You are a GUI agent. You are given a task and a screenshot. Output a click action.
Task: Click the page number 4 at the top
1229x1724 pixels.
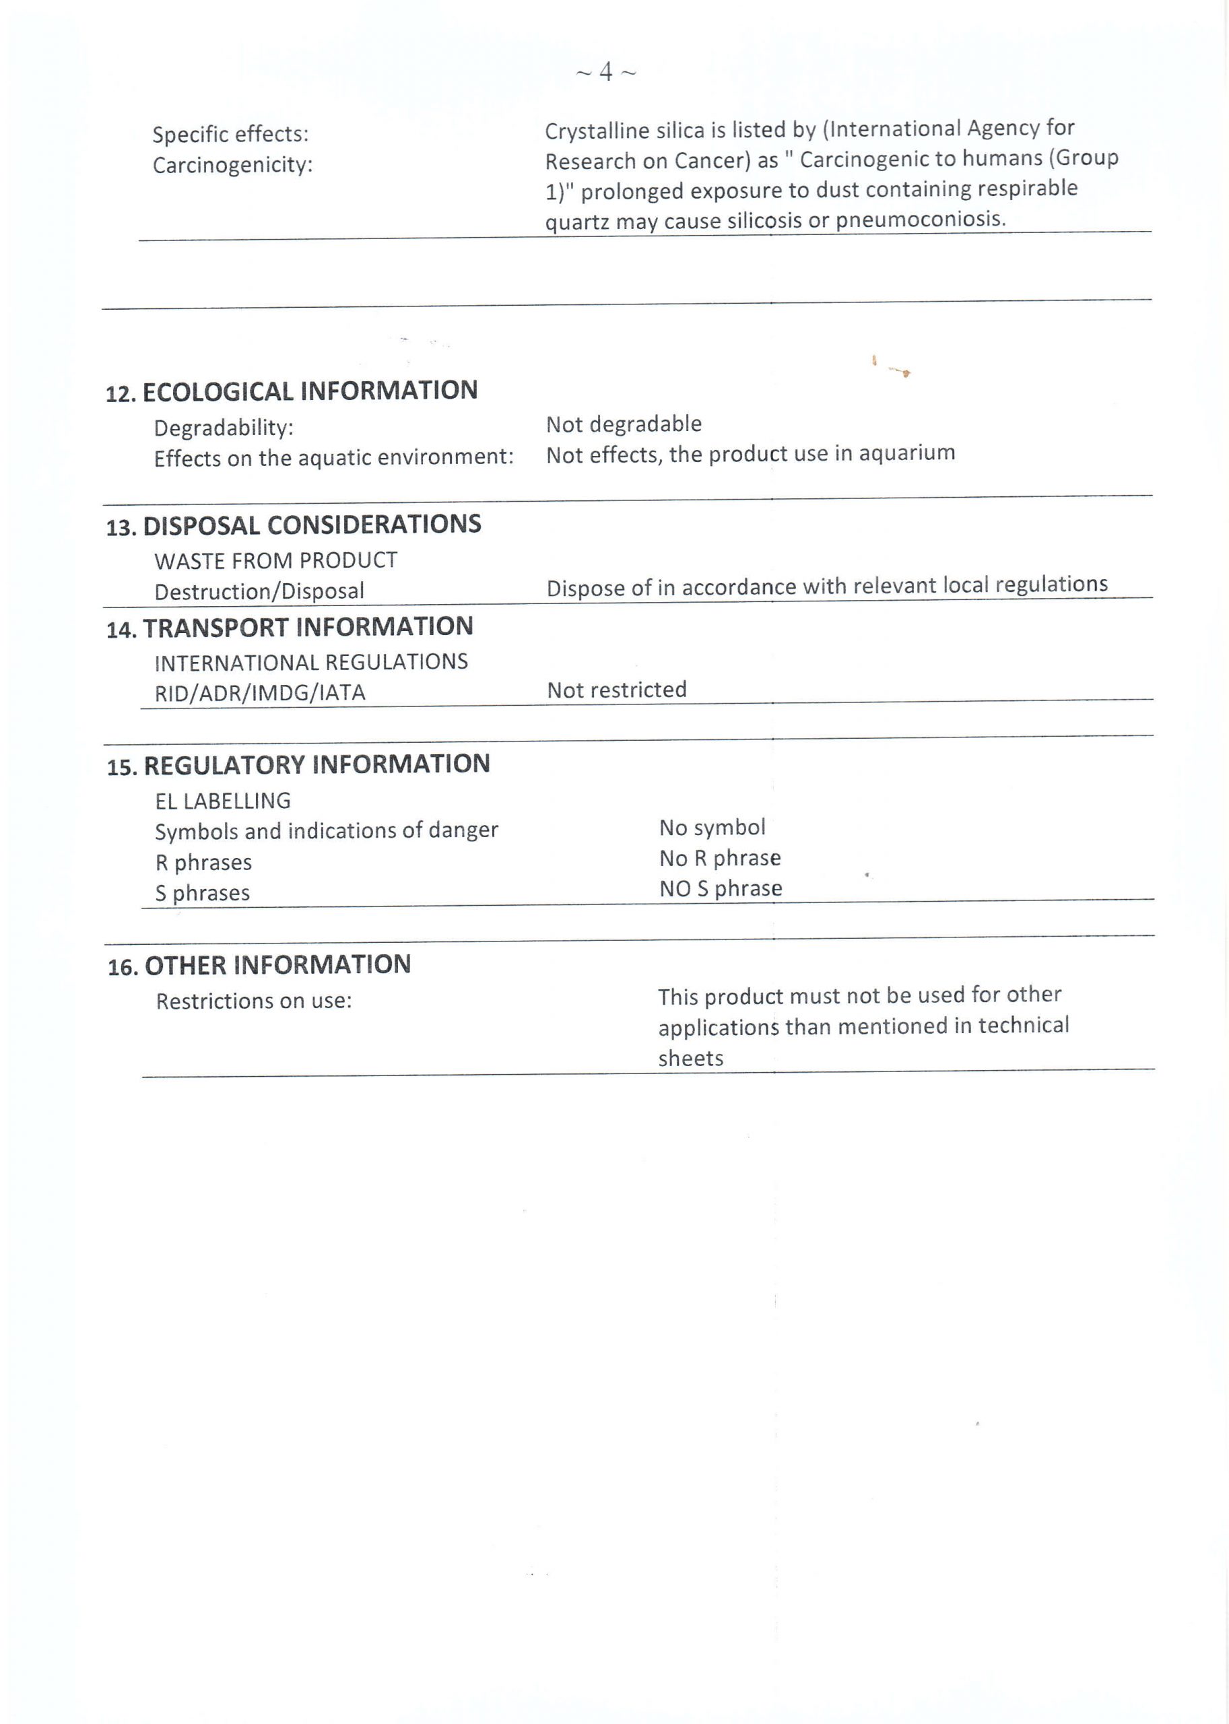click(x=605, y=72)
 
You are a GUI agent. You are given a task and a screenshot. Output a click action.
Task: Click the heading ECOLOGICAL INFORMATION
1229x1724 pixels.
click(x=310, y=391)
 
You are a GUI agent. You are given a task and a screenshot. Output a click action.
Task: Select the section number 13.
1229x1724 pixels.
click(x=121, y=527)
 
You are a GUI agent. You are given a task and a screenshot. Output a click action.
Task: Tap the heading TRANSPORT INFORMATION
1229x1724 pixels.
click(x=307, y=628)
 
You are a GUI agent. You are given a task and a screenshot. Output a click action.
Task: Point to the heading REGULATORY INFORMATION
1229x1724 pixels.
click(x=317, y=765)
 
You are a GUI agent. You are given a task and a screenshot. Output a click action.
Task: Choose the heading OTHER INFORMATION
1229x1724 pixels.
click(x=277, y=966)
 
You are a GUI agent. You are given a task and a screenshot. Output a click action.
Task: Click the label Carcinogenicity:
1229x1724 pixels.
click(x=232, y=165)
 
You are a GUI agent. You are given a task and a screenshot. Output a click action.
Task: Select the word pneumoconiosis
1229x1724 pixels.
click(x=921, y=220)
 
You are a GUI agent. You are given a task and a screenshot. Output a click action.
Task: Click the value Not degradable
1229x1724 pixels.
click(x=624, y=424)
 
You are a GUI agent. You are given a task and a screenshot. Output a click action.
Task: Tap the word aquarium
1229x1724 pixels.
click(x=906, y=453)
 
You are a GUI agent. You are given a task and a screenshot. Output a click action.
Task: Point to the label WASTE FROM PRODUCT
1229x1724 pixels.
click(x=275, y=561)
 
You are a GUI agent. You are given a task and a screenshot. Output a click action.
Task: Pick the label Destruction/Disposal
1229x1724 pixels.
click(x=259, y=591)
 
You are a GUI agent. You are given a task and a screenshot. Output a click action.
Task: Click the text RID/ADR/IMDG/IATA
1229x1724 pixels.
click(x=259, y=692)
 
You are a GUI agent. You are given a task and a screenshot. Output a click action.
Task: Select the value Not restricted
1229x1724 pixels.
click(x=617, y=690)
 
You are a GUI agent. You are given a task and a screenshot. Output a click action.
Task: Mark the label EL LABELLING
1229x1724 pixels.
click(x=222, y=801)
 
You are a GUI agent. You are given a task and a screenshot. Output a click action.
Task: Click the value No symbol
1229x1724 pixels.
click(x=712, y=827)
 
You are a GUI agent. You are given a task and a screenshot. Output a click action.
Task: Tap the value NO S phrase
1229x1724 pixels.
click(x=721, y=888)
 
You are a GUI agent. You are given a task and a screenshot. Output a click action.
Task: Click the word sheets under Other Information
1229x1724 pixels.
click(x=690, y=1058)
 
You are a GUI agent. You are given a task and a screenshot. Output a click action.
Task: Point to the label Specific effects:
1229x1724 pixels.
click(x=230, y=135)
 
